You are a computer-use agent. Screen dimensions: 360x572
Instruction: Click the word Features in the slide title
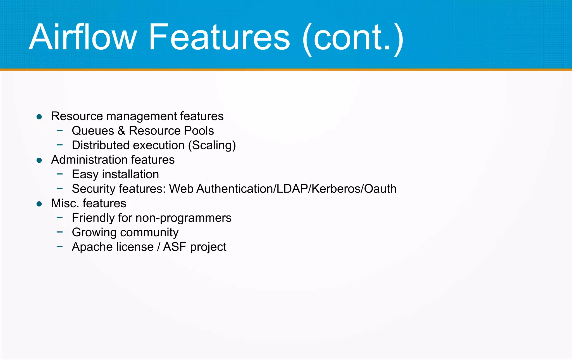pos(219,37)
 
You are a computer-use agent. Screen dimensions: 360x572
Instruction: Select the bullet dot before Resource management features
pos(39,117)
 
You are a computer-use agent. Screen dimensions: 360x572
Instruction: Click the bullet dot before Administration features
pos(39,160)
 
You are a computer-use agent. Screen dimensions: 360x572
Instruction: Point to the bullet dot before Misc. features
pos(39,204)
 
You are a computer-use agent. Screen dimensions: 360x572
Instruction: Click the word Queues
pos(93,131)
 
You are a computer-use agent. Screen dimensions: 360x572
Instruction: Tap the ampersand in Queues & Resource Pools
pos(121,131)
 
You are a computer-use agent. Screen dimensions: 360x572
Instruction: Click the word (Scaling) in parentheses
pos(212,145)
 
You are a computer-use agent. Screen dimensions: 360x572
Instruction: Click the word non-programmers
pos(183,218)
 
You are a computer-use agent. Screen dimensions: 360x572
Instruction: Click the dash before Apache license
pos(59,247)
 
